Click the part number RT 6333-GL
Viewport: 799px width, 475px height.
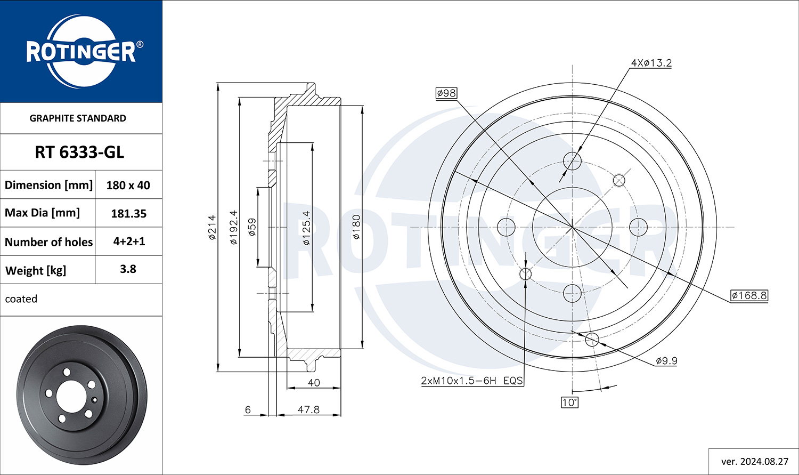click(x=79, y=152)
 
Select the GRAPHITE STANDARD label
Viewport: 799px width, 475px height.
click(x=78, y=118)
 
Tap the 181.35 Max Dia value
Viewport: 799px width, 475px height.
click(x=129, y=213)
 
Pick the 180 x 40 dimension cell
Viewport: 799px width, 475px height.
click(x=128, y=185)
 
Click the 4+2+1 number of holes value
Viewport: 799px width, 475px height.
click(x=129, y=241)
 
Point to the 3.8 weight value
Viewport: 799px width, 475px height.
click(x=128, y=269)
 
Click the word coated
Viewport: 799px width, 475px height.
click(x=21, y=299)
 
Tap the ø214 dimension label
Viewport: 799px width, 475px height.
click(x=212, y=227)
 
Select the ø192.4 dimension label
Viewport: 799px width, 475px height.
click(x=234, y=227)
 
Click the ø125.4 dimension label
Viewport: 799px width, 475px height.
click(x=306, y=228)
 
